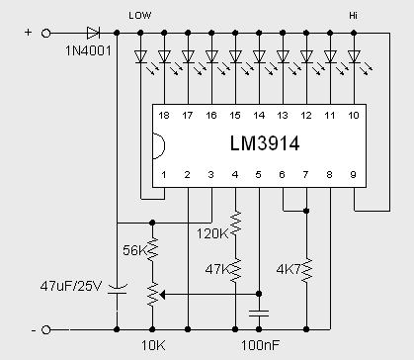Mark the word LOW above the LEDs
click(140, 15)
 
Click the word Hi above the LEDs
click(354, 15)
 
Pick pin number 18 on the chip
click(163, 116)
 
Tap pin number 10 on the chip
click(355, 116)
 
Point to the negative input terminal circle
click(47, 327)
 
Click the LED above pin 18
click(139, 57)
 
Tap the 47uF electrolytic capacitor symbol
click(117, 290)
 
